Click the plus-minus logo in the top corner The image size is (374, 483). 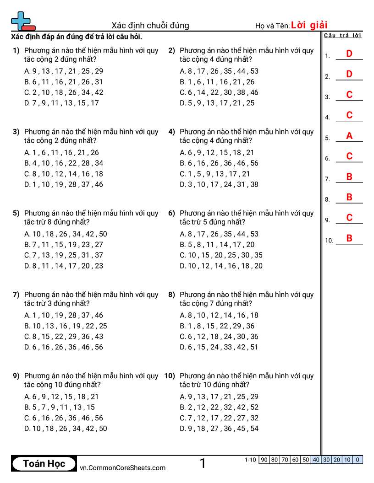tap(22, 21)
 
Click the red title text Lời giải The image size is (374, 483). tap(309, 25)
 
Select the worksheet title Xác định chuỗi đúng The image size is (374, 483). tap(150, 26)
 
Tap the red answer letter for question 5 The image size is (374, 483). tap(349, 136)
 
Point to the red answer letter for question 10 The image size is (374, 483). tap(349, 238)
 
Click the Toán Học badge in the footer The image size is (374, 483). tap(44, 463)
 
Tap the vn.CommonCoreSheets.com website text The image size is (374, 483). tap(122, 467)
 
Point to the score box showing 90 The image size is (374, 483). tap(264, 460)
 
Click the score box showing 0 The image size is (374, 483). tap(357, 460)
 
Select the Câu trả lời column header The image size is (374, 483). tap(342, 36)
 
